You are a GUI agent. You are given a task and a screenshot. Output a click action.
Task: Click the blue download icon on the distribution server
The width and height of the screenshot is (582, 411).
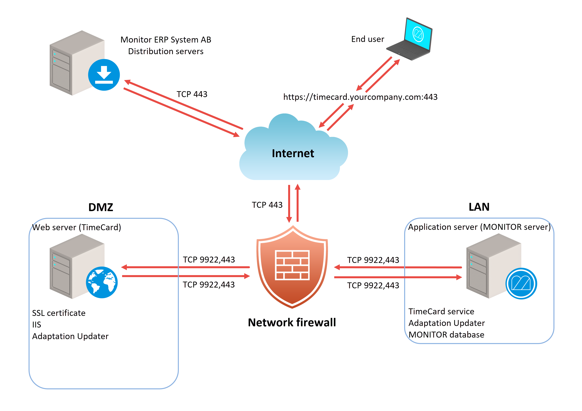[104, 75]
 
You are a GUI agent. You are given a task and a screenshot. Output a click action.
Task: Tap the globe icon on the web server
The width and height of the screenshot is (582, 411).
[102, 282]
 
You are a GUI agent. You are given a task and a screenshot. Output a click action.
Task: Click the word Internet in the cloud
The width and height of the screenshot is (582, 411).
[293, 153]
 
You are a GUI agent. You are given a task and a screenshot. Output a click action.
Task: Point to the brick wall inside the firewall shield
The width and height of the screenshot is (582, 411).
[292, 265]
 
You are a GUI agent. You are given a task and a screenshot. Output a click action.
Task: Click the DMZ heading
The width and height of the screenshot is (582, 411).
[101, 207]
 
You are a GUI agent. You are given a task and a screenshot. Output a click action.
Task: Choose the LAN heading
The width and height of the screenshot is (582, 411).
[479, 207]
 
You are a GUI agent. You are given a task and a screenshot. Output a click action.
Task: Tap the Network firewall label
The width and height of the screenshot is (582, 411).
[292, 322]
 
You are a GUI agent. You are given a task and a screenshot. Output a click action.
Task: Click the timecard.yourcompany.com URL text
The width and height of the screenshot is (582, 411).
[360, 97]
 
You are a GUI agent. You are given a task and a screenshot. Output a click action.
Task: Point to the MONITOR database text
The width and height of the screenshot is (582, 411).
[446, 335]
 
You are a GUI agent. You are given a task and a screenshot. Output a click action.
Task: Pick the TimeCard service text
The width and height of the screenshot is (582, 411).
[441, 311]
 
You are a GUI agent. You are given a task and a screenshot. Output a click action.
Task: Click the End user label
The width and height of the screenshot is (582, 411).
[368, 39]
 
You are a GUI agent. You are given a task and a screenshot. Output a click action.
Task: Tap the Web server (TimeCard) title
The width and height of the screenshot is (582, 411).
[77, 227]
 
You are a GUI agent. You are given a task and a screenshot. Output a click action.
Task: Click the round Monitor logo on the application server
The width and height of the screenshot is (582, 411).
[521, 283]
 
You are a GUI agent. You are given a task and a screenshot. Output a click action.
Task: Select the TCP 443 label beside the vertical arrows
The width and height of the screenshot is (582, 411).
[267, 205]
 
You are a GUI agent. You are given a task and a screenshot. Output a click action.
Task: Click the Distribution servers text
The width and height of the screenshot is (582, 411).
[166, 51]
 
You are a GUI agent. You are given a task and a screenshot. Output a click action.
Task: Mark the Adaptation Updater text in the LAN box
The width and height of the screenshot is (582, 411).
[446, 323]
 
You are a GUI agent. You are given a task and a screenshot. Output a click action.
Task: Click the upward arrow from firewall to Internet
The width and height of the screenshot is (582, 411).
[298, 203]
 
